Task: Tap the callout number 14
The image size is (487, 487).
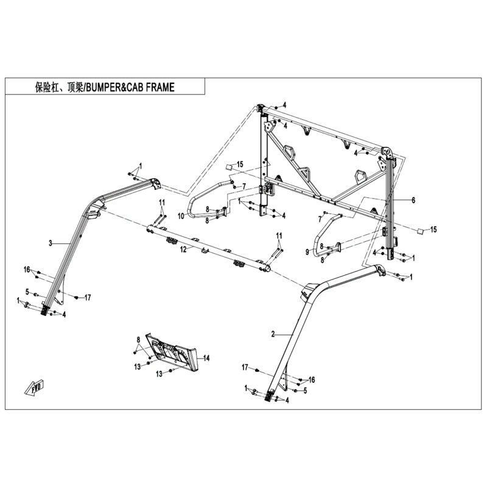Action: pyautogui.click(x=206, y=358)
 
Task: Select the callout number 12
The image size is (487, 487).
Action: pyautogui.click(x=184, y=249)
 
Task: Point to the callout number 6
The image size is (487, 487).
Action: pyautogui.click(x=413, y=200)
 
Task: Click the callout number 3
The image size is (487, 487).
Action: pyautogui.click(x=51, y=243)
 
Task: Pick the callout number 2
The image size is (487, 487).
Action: pyautogui.click(x=273, y=334)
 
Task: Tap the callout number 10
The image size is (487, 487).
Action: pyautogui.click(x=181, y=216)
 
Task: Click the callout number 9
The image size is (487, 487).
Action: pyautogui.click(x=307, y=252)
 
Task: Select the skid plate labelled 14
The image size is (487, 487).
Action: pyautogui.click(x=172, y=351)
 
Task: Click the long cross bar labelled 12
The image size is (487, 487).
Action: pyautogui.click(x=208, y=249)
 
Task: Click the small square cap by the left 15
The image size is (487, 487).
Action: pyautogui.click(x=229, y=166)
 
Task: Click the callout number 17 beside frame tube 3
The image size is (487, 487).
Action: pyautogui.click(x=88, y=298)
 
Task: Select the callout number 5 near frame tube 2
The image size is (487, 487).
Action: pyautogui.click(x=306, y=391)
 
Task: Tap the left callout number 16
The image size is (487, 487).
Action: pyautogui.click(x=27, y=269)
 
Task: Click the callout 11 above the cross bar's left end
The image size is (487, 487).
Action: pyautogui.click(x=162, y=203)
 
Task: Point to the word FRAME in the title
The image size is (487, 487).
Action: pyautogui.click(x=160, y=88)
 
